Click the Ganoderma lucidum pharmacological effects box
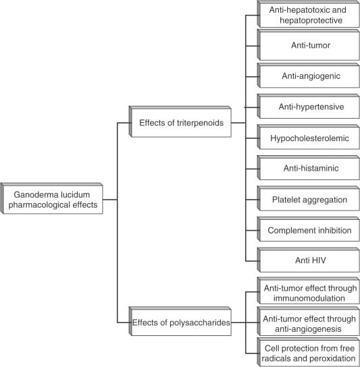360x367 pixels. pos(52,199)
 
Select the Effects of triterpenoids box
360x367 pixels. pos(180,122)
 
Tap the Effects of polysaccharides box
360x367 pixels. pos(180,322)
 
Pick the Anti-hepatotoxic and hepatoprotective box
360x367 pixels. pos(309,15)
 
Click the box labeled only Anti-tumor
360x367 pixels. pos(309,45)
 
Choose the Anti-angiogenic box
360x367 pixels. pos(309,76)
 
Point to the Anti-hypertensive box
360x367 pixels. pos(309,107)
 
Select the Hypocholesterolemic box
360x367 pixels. pos(309,138)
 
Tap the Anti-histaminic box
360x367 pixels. pos(309,168)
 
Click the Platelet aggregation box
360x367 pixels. pos(309,199)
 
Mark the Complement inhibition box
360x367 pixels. pos(309,229)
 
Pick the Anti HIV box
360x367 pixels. pos(309,260)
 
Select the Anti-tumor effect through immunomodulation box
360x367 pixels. pos(309,291)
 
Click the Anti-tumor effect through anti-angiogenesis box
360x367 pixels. pos(309,322)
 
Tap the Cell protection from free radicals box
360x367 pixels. pos(309,352)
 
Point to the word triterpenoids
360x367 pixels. pos(200,123)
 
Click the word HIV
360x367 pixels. pos(319,260)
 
